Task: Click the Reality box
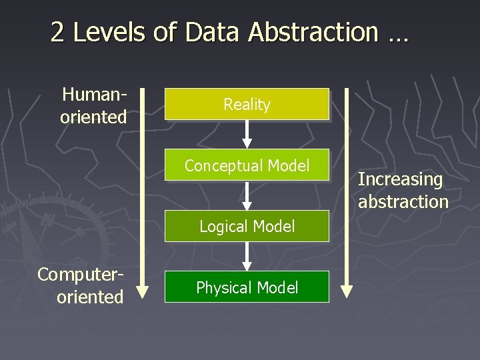coord(247,105)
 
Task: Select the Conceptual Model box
coord(247,165)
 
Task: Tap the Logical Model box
coord(247,227)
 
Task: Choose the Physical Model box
coord(247,287)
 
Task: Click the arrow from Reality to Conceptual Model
coord(247,134)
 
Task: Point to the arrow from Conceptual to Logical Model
coord(247,195)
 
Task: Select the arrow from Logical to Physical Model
coord(247,256)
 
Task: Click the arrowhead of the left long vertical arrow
coord(143,291)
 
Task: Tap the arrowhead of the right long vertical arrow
coord(346,291)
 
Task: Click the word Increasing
coord(400,179)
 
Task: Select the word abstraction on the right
coord(403,201)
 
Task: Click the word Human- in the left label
coord(94,95)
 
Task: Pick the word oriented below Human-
coord(93,117)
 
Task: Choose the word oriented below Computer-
coord(90,296)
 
